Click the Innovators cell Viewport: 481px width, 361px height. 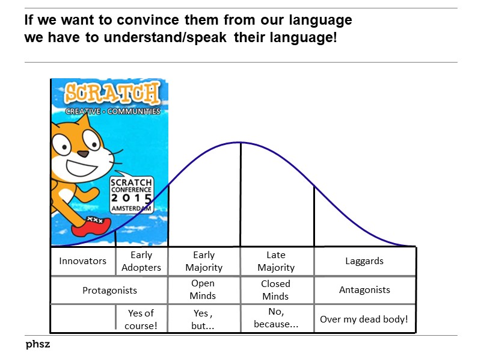(x=82, y=261)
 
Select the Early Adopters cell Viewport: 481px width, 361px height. (x=141, y=261)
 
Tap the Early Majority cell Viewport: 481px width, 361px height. (x=204, y=261)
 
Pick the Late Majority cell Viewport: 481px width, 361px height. (x=276, y=261)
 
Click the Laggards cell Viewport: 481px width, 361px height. (x=364, y=261)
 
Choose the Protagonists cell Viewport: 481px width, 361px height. (x=109, y=290)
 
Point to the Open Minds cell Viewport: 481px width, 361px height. (x=203, y=289)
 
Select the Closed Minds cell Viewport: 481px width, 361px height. (x=275, y=290)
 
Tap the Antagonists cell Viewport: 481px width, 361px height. (x=364, y=290)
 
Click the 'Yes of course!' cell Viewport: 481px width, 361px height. (x=141, y=318)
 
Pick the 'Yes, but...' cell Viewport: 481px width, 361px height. (x=203, y=318)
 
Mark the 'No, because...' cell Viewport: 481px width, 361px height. (x=276, y=318)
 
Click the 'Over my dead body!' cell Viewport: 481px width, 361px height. (x=364, y=319)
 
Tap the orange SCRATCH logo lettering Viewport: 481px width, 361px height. (x=112, y=93)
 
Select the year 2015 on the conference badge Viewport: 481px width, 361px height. (x=131, y=198)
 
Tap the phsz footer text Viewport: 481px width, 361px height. (x=37, y=345)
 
